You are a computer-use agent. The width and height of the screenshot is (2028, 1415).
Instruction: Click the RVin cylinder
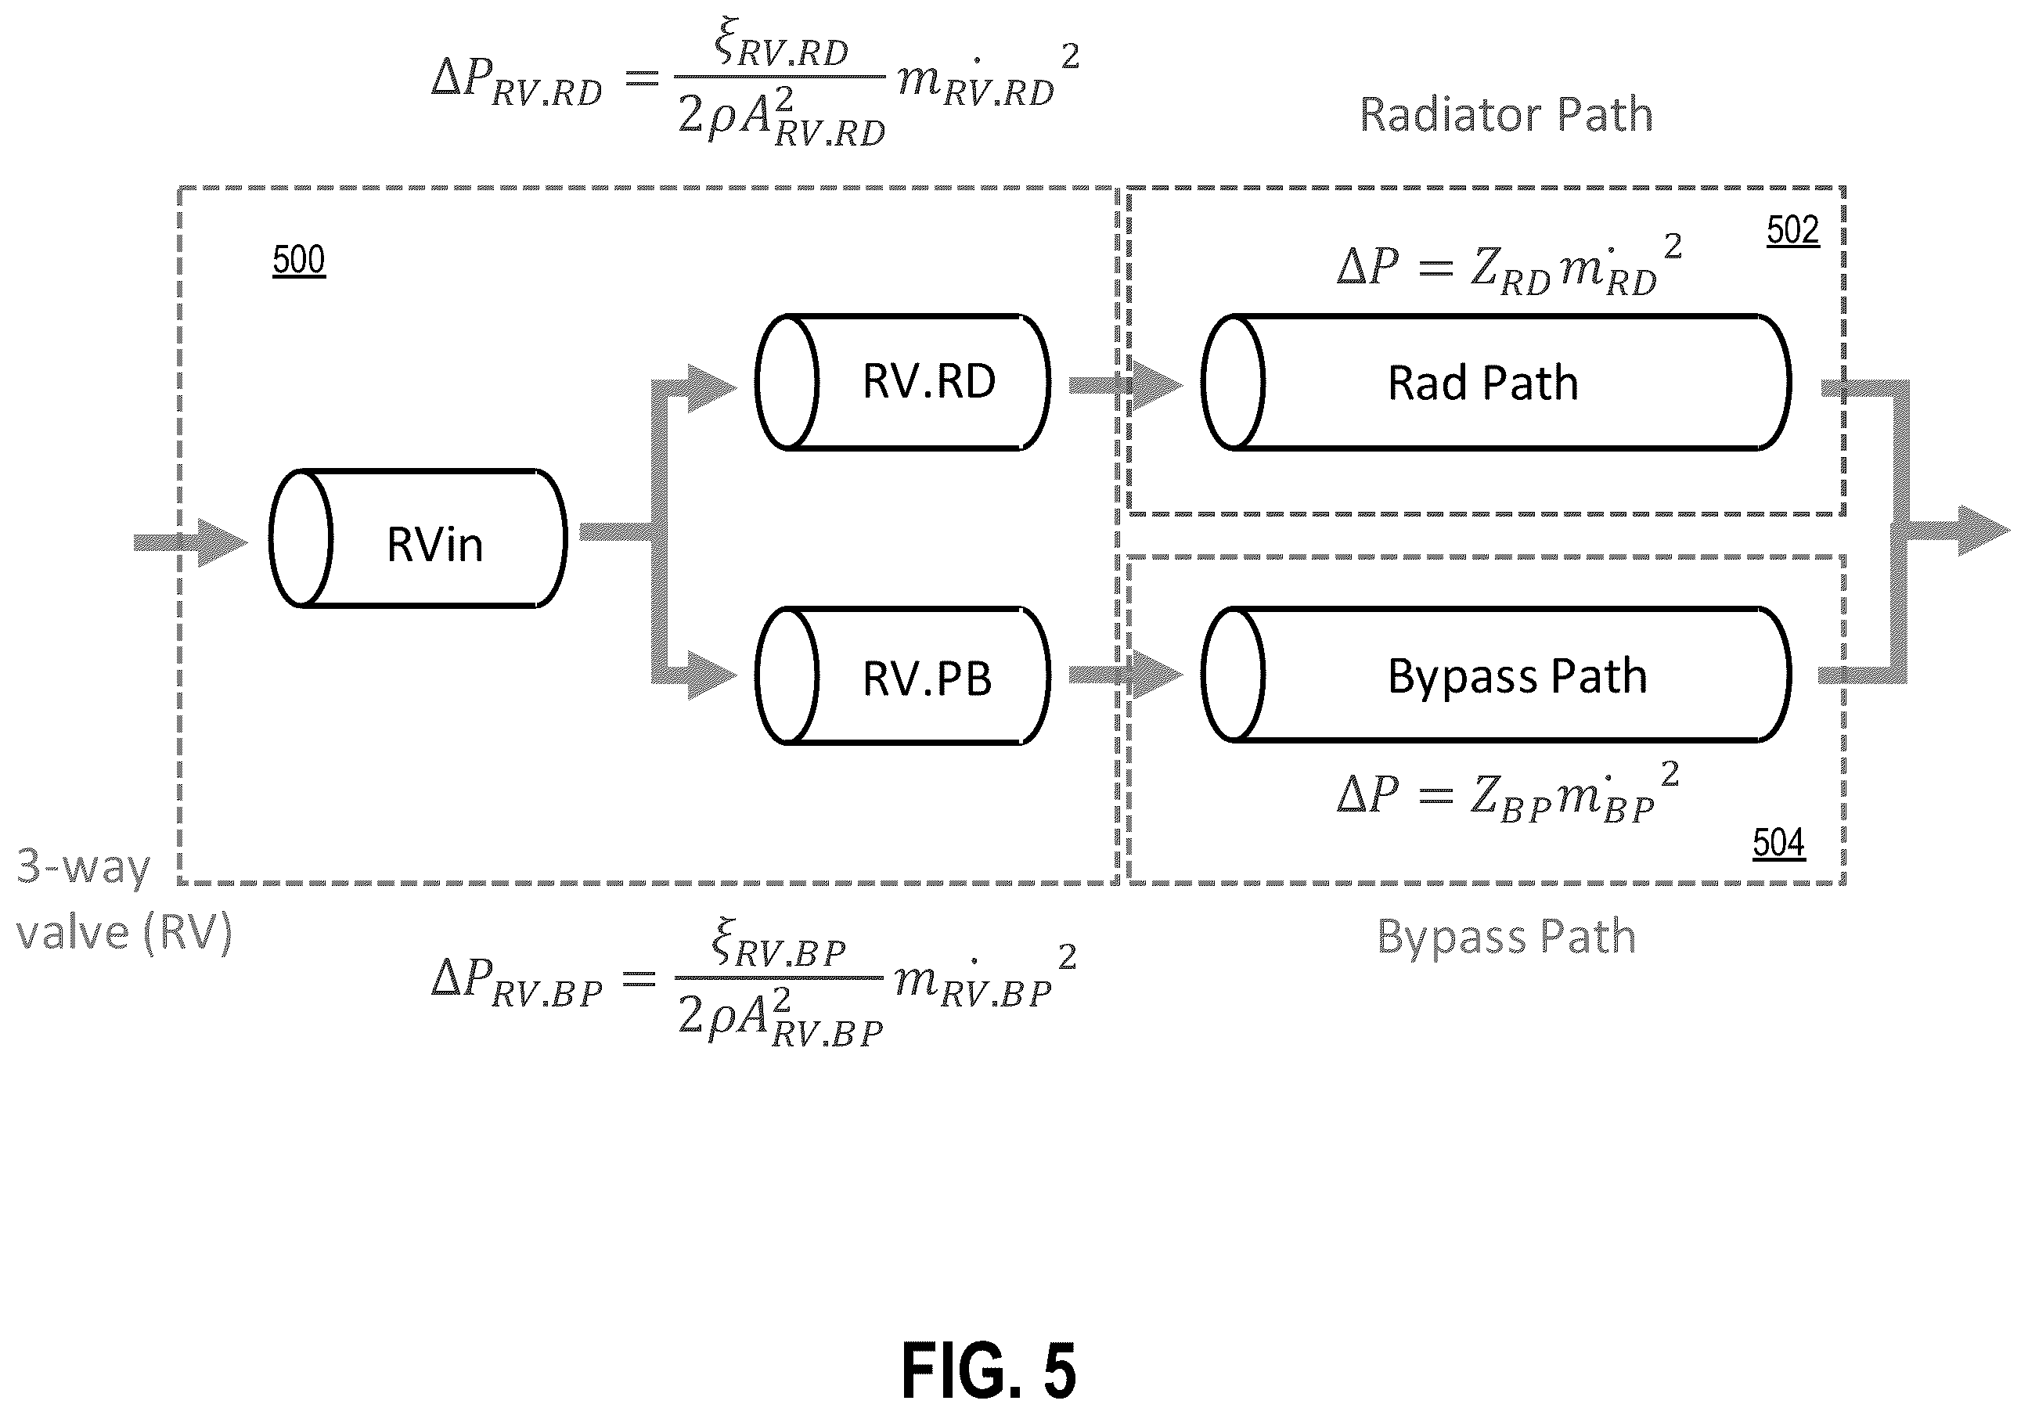pos(418,538)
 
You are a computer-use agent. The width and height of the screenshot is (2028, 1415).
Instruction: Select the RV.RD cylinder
pos(902,382)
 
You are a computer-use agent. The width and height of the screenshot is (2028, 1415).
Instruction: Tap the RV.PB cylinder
pos(902,675)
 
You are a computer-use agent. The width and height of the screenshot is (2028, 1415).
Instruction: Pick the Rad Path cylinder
pos(1497,382)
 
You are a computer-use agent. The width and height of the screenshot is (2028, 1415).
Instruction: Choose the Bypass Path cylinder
pos(1497,675)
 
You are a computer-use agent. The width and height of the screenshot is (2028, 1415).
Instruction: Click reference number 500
pos(298,260)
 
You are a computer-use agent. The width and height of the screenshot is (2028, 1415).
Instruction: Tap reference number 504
pos(1779,843)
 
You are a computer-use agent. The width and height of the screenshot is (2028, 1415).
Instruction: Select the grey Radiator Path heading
pos(1506,114)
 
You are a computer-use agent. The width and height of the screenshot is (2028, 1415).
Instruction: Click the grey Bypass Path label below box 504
pos(1507,936)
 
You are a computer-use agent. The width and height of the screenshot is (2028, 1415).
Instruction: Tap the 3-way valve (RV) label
pos(124,899)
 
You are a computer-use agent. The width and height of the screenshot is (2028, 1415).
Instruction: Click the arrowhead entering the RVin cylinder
pos(222,542)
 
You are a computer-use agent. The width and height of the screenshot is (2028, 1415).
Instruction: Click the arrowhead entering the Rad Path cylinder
pos(1157,385)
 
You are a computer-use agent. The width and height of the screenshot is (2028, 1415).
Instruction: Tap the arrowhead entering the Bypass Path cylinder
pos(1157,675)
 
